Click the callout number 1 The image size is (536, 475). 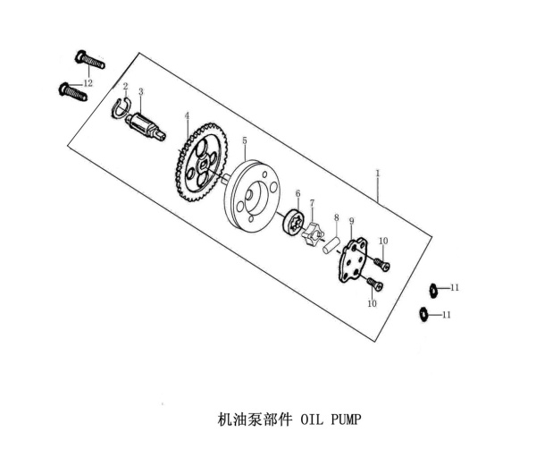tap(377, 174)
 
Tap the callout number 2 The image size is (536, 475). tap(125, 86)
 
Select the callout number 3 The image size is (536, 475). tap(141, 91)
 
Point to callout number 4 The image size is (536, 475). tap(187, 115)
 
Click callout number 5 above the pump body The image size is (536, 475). tap(245, 140)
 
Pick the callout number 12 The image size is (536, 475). tap(88, 83)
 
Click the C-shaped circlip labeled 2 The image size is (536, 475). tap(121, 107)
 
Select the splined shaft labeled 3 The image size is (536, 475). tap(146, 126)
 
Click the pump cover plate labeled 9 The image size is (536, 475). tap(353, 261)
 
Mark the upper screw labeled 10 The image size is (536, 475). tap(381, 264)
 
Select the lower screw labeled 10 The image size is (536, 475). tap(374, 284)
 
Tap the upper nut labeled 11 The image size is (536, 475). tap(433, 290)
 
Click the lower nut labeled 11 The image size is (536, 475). tap(423, 315)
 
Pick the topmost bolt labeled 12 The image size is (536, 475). tap(89, 60)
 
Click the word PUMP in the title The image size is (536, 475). tap(346, 420)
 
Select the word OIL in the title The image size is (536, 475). tap(312, 420)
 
